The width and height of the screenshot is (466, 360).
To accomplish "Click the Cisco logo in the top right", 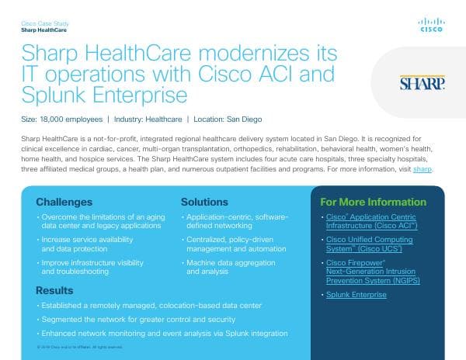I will tap(431, 26).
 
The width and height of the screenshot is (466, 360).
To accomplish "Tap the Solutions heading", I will tap(204, 202).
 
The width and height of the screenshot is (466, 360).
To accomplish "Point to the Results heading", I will tap(54, 290).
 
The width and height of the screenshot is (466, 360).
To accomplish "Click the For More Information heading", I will tap(374, 202).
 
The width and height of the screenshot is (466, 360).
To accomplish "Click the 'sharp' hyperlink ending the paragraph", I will tap(422, 168).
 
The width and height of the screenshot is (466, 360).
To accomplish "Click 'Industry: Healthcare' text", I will tap(148, 119).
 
